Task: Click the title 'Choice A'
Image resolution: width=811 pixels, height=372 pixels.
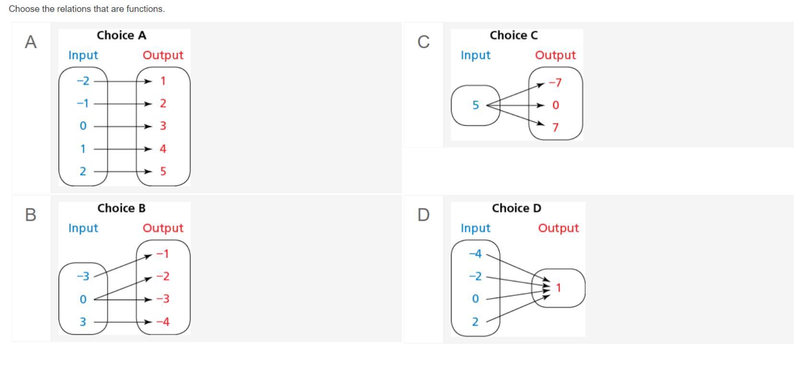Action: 121,36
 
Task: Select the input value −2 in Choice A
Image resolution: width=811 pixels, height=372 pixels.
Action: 83,81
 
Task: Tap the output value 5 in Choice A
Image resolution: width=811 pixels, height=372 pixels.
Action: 163,171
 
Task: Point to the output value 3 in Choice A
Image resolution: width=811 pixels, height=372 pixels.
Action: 163,126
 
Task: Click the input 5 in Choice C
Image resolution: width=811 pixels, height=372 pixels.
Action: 475,105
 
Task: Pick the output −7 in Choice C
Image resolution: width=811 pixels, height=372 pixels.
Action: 555,83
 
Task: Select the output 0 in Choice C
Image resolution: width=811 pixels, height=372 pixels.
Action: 556,105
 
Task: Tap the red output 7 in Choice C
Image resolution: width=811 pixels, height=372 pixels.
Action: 556,128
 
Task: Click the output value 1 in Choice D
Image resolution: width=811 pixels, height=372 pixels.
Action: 558,288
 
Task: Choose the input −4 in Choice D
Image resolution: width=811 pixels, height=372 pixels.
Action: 475,254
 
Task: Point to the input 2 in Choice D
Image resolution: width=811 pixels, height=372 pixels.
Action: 475,322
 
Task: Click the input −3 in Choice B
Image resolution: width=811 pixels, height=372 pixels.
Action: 83,276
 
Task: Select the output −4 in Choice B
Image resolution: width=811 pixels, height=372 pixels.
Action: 163,322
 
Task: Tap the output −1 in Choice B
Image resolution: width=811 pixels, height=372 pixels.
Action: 163,254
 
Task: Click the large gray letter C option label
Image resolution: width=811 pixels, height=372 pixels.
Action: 423,42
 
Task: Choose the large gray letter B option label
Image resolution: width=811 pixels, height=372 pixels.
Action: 31,215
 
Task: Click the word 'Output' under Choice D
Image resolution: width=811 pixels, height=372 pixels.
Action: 558,228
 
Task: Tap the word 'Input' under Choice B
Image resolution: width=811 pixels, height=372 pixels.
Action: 83,228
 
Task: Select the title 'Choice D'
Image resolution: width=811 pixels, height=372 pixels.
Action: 516,208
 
